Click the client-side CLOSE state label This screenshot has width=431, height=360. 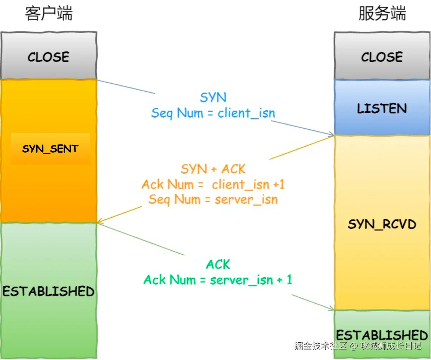coord(48,57)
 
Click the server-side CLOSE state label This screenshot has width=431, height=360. coord(382,57)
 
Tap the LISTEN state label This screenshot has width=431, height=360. coord(382,108)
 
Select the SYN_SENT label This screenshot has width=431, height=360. coord(50,149)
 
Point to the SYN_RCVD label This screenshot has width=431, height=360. coord(382,224)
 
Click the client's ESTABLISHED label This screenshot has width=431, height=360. coord(48,291)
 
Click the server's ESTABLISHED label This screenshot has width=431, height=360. coord(382,335)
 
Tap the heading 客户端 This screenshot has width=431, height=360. coord(49,13)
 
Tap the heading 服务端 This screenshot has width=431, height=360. coord(382,13)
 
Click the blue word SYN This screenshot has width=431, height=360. coord(213,97)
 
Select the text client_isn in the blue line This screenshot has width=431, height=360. coord(246,113)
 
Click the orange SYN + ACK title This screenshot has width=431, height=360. coord(213,169)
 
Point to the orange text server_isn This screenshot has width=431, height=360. coord(246,200)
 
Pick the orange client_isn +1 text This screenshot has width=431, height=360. coord(249,184)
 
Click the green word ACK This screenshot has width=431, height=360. coord(218,264)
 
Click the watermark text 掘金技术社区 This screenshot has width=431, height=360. coord(321,346)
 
